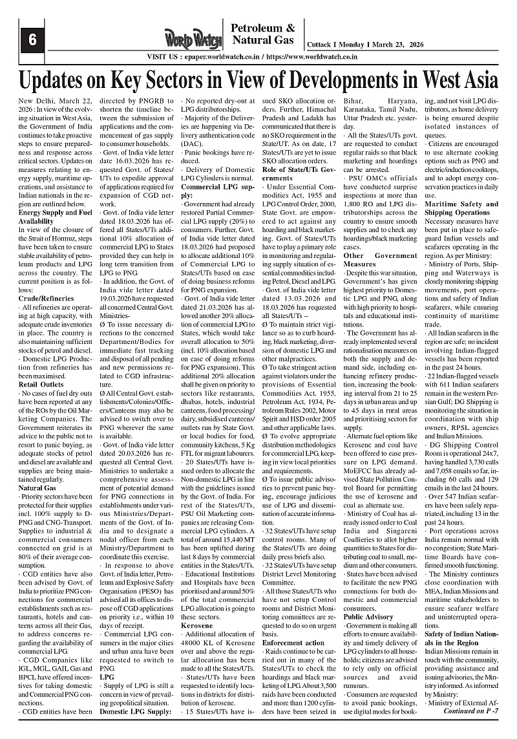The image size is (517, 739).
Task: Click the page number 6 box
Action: [x=30, y=39]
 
